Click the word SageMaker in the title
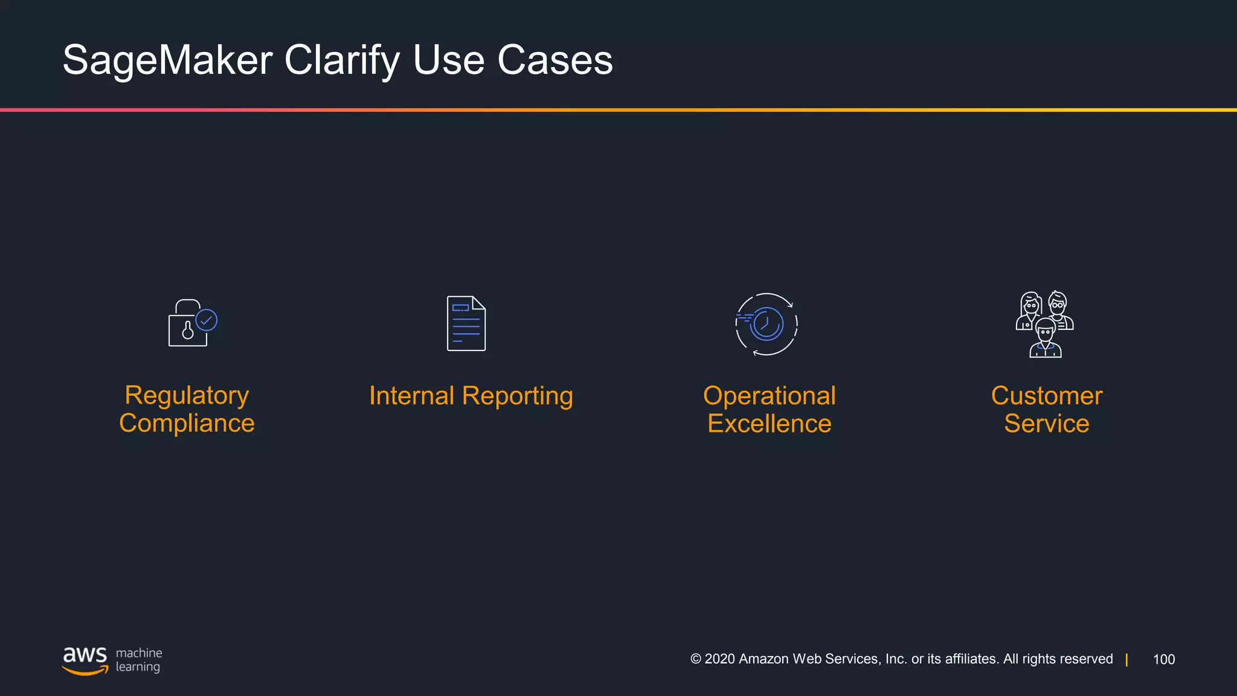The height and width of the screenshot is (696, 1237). click(167, 60)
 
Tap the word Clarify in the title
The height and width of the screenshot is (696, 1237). click(342, 60)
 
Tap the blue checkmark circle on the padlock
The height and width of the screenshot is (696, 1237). click(207, 320)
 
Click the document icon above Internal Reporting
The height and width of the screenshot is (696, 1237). click(466, 323)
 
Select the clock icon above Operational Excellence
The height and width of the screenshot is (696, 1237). click(766, 324)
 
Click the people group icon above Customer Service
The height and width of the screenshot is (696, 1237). click(1045, 324)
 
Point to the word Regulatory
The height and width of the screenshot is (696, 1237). click(187, 396)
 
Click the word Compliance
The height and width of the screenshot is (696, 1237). click(187, 423)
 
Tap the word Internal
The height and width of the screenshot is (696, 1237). click(411, 396)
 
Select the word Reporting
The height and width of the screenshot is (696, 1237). click(517, 396)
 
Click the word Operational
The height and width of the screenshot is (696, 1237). click(769, 396)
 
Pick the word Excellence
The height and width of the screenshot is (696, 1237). click(769, 424)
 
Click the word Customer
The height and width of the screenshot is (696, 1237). click(1046, 396)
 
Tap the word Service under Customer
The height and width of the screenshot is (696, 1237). click(1046, 424)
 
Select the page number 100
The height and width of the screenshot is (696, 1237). click(1163, 659)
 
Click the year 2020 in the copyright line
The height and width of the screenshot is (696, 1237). click(719, 659)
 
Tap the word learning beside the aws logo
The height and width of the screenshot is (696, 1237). click(138, 667)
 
